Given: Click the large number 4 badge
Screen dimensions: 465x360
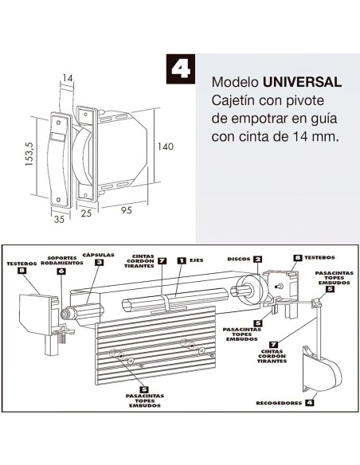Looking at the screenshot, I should pyautogui.click(x=181, y=69).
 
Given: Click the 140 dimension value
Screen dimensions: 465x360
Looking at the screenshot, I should pyautogui.click(x=165, y=147).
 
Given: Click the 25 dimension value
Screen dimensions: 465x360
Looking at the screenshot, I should pyautogui.click(x=86, y=213).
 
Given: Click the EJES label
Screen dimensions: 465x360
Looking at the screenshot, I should pyautogui.click(x=197, y=260).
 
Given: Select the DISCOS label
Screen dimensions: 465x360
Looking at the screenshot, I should pyautogui.click(x=237, y=260).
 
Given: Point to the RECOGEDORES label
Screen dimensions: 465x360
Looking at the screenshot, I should pyautogui.click(x=277, y=403).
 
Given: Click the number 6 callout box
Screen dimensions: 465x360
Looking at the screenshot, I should pyautogui.click(x=61, y=271).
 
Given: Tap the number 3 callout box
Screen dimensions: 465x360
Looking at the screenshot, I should pyautogui.click(x=97, y=262).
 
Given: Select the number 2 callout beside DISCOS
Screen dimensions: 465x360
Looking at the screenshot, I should pyautogui.click(x=258, y=260).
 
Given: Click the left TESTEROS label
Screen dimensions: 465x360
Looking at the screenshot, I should pyautogui.click(x=22, y=262).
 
